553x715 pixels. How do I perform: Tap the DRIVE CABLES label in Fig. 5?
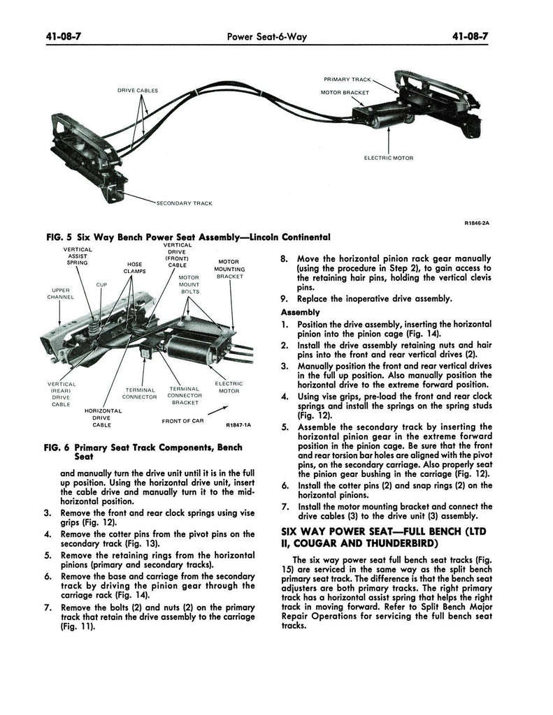pos(137,91)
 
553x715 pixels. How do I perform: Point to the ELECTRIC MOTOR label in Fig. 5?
pos(389,158)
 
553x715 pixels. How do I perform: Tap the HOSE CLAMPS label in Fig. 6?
pos(135,269)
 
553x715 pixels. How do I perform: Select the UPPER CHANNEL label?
pos(61,294)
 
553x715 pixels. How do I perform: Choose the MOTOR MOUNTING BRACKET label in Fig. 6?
pos(229,269)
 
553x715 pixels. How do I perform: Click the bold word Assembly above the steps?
pos(300,312)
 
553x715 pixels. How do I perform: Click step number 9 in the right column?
pos(284,299)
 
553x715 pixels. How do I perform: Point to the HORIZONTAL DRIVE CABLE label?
pos(103,418)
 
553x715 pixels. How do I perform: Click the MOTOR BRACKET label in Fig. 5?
pos(345,92)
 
